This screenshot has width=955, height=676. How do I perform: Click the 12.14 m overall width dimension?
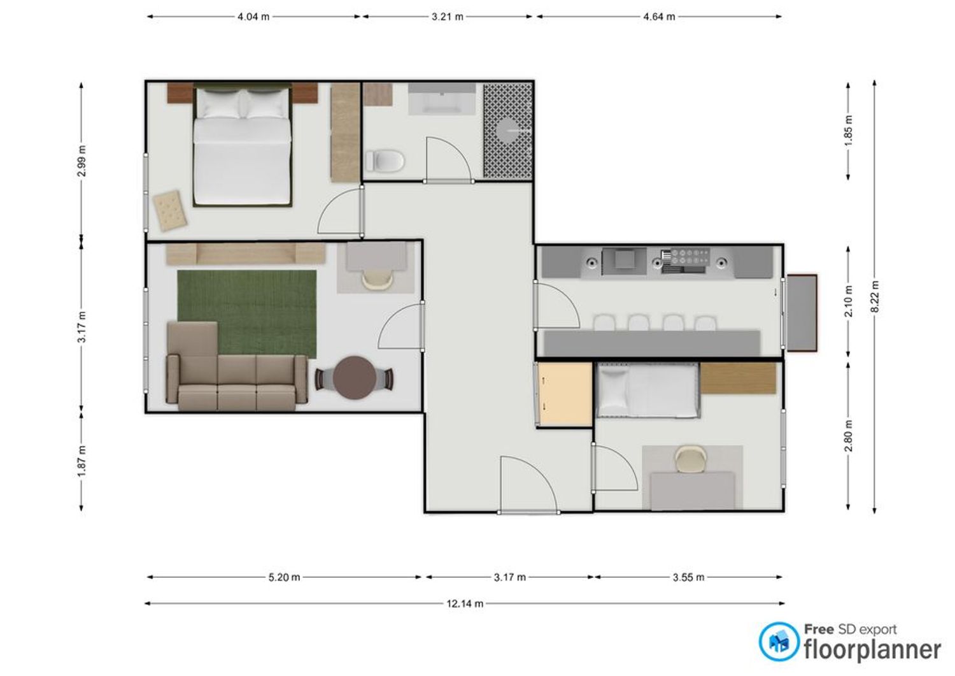tap(465, 604)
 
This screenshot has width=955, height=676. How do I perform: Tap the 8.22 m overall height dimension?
tap(875, 297)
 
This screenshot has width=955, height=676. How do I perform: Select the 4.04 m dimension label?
tap(253, 17)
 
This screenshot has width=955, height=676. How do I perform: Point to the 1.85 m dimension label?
tap(849, 131)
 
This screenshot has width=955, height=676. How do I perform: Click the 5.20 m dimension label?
tap(284, 577)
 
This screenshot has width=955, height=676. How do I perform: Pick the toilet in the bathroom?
tap(385, 161)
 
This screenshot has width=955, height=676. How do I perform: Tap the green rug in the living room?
tap(247, 314)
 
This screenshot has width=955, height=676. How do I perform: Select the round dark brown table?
tap(354, 378)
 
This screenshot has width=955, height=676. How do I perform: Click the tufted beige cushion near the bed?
tap(170, 211)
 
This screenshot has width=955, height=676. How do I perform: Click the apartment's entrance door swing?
tap(528, 484)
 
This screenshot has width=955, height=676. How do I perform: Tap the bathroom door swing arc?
tap(448, 159)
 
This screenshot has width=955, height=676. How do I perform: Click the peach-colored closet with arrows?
tap(565, 394)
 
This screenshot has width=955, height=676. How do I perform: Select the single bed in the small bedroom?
tap(648, 390)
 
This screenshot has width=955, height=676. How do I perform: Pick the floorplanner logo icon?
tap(779, 642)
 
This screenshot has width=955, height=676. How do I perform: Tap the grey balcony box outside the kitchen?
tap(802, 313)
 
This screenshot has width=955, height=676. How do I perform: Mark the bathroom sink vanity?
tap(442, 99)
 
